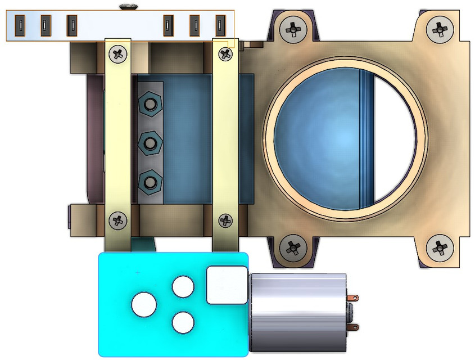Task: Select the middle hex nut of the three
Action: (x=150, y=143)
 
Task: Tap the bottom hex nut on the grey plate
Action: (x=150, y=182)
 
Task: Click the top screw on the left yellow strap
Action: (x=117, y=54)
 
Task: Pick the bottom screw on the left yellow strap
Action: (x=117, y=220)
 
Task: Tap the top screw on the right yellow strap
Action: (x=225, y=54)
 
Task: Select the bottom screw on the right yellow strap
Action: (x=225, y=220)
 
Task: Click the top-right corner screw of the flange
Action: (x=439, y=27)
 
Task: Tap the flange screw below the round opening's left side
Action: (x=292, y=246)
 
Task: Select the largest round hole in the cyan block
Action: (x=144, y=304)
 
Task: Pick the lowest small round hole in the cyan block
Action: (x=183, y=323)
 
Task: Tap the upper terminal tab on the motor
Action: (x=353, y=298)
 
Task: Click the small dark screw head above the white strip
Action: (x=129, y=6)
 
